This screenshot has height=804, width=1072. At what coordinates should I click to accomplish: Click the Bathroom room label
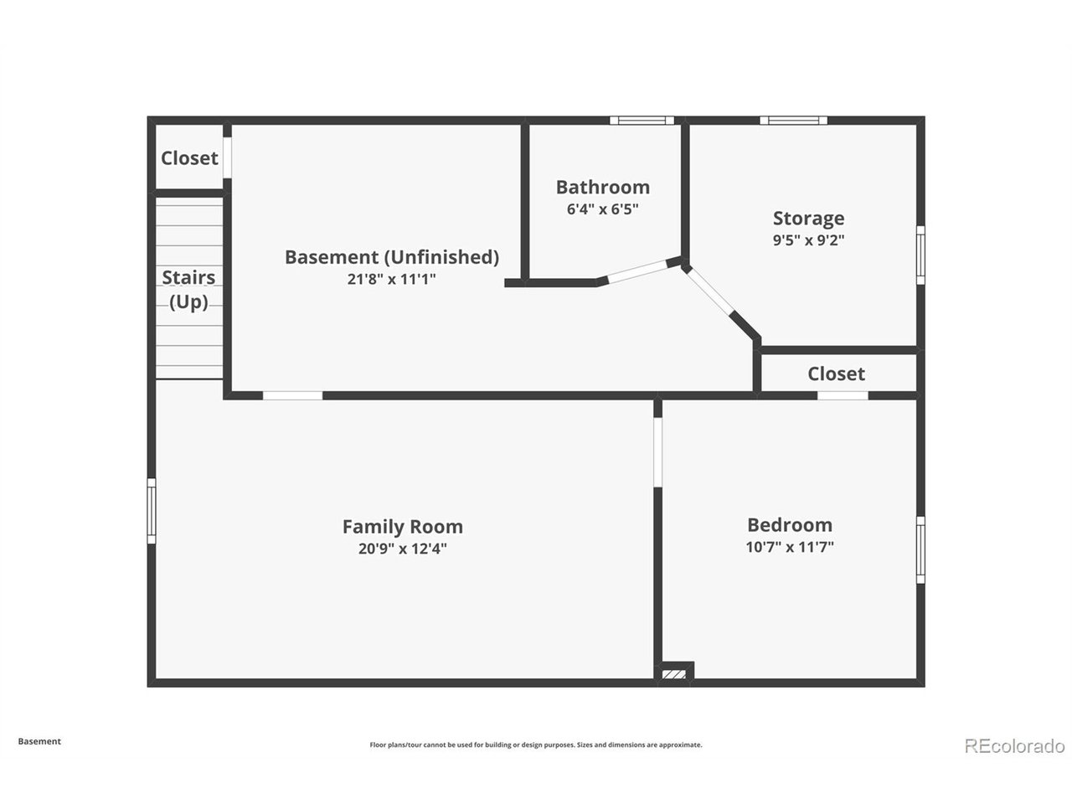coord(603,188)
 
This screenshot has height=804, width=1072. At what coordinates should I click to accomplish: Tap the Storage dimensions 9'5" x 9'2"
coord(808,240)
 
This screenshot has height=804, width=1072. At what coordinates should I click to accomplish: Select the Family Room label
coord(403,527)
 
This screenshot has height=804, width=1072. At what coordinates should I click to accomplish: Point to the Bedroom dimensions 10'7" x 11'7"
coord(790,547)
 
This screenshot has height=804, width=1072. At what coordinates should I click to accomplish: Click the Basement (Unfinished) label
coord(392,257)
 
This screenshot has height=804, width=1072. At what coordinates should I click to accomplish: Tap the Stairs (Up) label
coord(188,290)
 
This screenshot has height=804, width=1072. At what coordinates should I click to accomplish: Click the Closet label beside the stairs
coord(189,158)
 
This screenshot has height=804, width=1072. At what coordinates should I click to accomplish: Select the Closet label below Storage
coord(836,374)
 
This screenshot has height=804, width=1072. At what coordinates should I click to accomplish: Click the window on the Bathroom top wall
coord(642,120)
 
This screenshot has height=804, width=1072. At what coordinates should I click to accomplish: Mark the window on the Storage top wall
coord(794,120)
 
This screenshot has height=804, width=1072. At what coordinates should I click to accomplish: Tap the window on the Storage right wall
coord(920,255)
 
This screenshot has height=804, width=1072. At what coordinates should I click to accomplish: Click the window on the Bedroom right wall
coord(920,549)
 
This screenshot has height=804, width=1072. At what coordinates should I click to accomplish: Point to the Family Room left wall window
coord(152,511)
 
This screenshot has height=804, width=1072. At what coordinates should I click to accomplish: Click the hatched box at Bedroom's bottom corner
coord(674,674)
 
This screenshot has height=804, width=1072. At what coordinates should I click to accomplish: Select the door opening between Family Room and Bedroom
coord(657,451)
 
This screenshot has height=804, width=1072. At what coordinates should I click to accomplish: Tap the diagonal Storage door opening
coord(710,291)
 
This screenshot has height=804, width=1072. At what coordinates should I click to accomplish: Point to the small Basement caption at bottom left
coord(39,741)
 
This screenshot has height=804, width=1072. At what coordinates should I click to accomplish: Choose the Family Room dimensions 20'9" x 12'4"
coord(403,549)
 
